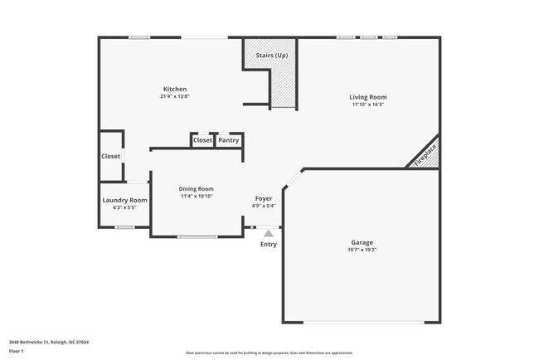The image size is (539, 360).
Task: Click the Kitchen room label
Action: pos(175,89)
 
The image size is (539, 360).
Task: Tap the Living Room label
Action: pos(368,97)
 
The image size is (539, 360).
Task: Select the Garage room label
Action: pos(362,242)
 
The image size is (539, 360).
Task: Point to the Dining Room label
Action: pos(197,189)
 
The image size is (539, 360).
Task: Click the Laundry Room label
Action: pos(124,200)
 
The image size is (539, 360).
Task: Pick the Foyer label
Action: pos(264,199)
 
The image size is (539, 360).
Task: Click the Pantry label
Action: pos(229,140)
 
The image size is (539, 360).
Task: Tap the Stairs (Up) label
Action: pos(271,55)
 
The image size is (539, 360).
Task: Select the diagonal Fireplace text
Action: pos(427,154)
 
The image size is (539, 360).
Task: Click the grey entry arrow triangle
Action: pos(268,234)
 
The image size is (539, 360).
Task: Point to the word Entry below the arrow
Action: pos(269,245)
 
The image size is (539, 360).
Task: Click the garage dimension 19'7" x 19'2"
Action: pos(362,250)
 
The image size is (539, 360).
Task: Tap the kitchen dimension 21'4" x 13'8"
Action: pos(175,96)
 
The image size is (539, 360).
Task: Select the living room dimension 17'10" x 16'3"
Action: pos(368,105)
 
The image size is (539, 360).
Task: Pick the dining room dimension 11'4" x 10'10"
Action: pos(197,197)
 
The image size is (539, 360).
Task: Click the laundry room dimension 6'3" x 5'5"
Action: pos(124,207)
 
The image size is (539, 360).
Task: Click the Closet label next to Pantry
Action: pos(202,140)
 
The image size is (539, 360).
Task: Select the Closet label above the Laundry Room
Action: pos(110,156)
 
